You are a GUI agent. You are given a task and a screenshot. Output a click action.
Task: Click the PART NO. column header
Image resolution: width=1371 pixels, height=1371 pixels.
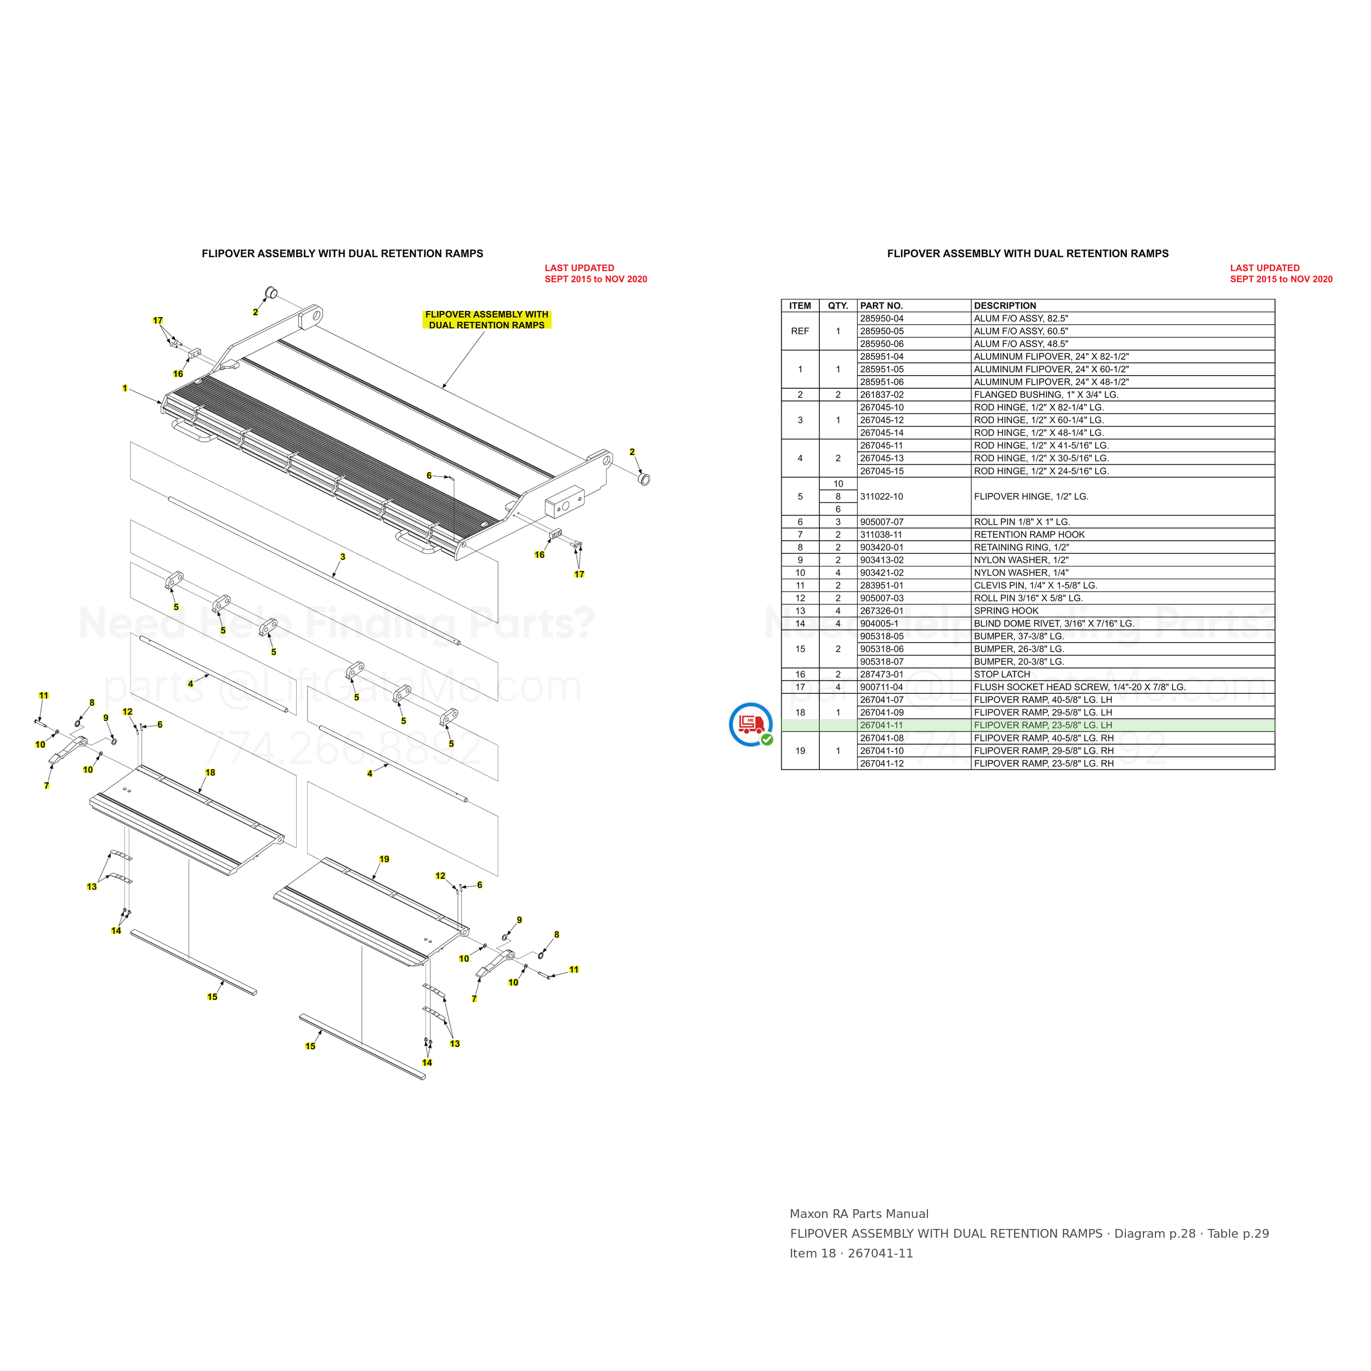(881, 306)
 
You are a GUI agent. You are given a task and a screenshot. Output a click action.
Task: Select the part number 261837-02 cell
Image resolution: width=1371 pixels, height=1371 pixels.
(882, 394)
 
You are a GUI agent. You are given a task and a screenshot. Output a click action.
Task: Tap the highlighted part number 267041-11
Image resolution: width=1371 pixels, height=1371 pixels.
(882, 725)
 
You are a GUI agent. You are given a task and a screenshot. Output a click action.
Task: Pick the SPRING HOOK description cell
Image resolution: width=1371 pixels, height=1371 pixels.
(1006, 611)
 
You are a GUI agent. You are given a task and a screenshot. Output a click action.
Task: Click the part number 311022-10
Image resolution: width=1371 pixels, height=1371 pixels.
(881, 497)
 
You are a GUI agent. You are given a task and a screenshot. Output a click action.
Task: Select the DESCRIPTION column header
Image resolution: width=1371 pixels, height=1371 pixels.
(1005, 306)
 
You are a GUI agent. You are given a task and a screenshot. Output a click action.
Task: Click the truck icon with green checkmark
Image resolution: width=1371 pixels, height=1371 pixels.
(751, 724)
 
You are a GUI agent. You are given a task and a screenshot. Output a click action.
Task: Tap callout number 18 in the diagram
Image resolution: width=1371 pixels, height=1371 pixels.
(210, 773)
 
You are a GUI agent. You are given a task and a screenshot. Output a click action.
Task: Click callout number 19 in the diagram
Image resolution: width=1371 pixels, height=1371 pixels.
(384, 859)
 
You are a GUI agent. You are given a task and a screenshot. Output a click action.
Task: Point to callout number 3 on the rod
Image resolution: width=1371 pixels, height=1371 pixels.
(343, 557)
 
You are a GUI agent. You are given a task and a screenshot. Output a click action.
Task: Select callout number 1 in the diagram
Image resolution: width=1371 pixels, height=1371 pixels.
(125, 388)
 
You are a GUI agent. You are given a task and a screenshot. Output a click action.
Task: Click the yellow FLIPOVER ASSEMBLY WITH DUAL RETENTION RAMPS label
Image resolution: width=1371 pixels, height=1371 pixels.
(487, 320)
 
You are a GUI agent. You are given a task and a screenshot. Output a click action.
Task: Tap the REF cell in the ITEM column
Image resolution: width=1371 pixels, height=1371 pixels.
(800, 331)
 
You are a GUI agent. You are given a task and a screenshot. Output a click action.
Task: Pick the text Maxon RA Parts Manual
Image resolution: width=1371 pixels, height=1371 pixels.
(859, 1214)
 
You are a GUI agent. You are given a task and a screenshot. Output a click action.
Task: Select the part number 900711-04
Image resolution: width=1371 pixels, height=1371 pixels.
(881, 687)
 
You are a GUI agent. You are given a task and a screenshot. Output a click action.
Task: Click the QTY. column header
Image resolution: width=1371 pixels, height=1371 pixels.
(838, 306)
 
